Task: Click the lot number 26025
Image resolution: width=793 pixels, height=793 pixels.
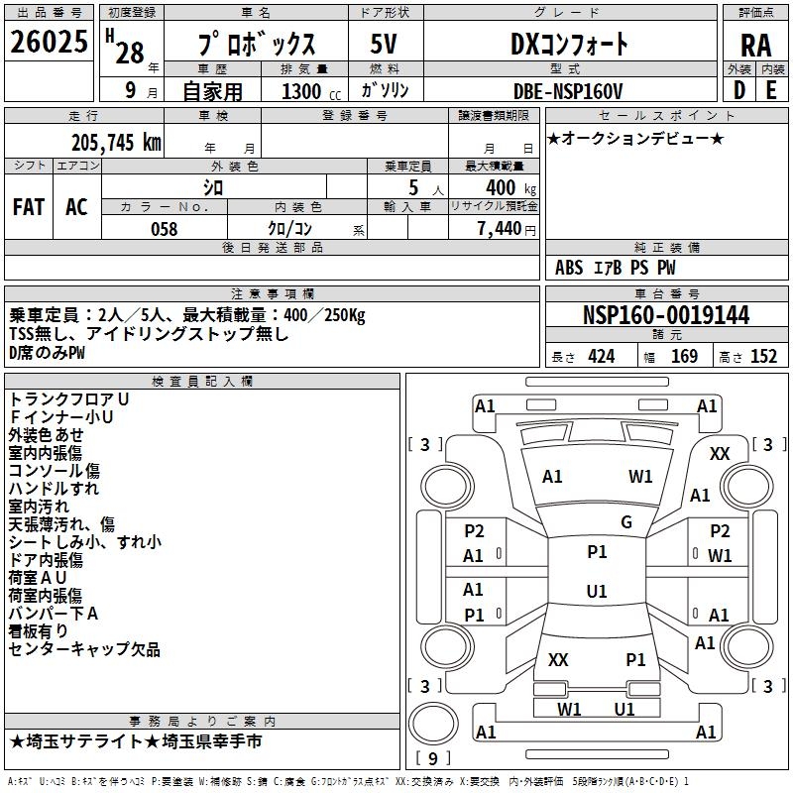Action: (x=50, y=43)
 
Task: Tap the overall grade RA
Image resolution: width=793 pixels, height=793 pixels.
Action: (x=755, y=45)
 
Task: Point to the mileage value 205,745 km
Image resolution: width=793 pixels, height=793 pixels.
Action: (x=116, y=142)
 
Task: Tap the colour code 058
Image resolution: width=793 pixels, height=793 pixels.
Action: (x=164, y=229)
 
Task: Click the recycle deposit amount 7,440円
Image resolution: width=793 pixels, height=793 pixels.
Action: (x=506, y=229)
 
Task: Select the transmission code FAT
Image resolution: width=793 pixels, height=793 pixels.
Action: (x=29, y=207)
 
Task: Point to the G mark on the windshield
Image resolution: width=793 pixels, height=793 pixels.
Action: (x=626, y=522)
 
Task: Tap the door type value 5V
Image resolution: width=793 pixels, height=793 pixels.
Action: (x=384, y=45)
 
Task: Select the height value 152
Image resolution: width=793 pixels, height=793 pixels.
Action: (x=763, y=357)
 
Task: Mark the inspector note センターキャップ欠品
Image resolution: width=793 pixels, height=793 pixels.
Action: (x=84, y=650)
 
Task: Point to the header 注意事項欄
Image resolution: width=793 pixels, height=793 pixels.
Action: (x=273, y=294)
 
